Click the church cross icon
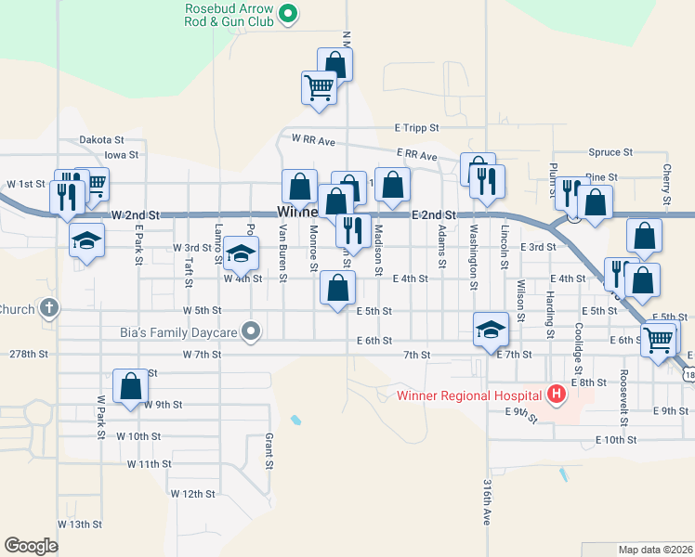(x=49, y=309)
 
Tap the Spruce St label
(x=610, y=151)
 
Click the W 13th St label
(x=80, y=525)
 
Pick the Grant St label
(x=269, y=450)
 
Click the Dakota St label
(x=101, y=139)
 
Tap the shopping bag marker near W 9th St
(x=131, y=386)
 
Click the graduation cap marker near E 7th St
(x=490, y=330)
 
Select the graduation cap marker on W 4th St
(x=241, y=253)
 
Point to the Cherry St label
(x=667, y=185)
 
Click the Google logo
(x=32, y=546)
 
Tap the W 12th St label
(x=193, y=494)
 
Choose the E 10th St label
(x=618, y=440)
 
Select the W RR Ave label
(x=312, y=139)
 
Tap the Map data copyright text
(x=655, y=550)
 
